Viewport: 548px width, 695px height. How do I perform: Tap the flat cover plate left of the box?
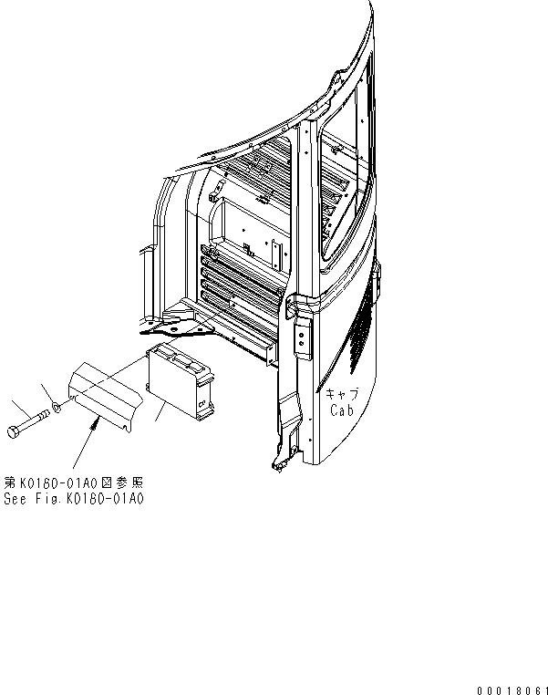pos(105,390)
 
